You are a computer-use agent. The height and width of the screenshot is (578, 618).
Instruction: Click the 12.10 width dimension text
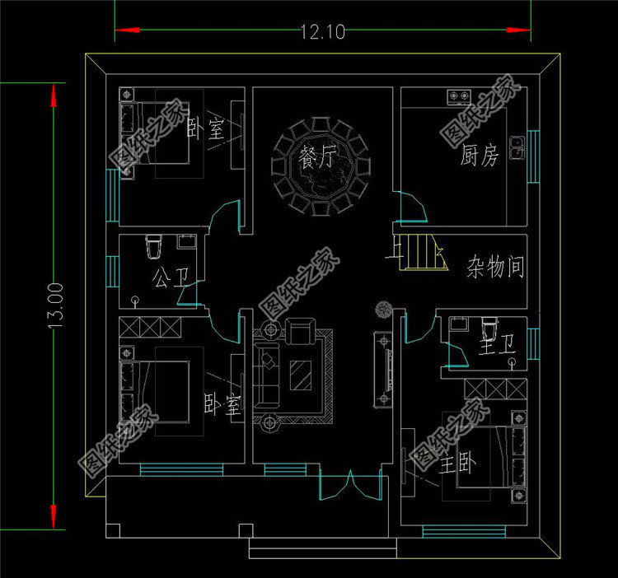[322, 32]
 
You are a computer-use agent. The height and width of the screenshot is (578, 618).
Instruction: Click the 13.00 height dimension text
[55, 305]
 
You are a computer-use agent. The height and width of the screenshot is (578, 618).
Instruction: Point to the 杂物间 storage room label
[495, 268]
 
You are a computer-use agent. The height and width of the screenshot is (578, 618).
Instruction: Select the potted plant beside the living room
[383, 310]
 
